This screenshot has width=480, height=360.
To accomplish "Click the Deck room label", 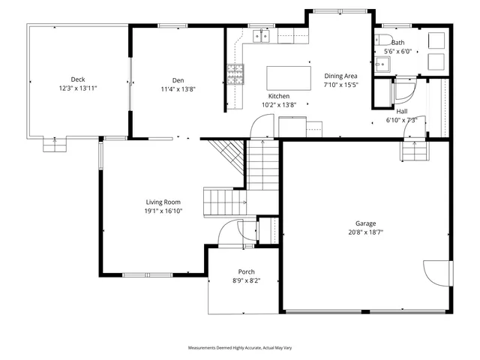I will click(x=77, y=79).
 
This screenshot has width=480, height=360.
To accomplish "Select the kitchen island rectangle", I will click(x=289, y=77).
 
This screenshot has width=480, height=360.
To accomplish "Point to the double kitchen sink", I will click(x=261, y=34).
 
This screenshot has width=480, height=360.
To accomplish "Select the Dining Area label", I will click(x=340, y=76).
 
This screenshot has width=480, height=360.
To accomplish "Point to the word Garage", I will click(x=365, y=223).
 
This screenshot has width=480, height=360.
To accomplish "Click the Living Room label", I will click(x=163, y=202).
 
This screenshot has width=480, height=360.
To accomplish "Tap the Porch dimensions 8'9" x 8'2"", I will click(x=246, y=280).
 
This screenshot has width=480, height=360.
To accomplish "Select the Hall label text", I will click(x=402, y=111).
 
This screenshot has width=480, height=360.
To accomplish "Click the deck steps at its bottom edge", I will click(x=53, y=144).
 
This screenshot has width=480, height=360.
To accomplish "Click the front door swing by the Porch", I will click(x=228, y=236).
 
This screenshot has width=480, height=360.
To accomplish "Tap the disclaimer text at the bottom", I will click(x=238, y=348).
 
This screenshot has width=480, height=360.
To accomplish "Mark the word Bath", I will click(x=397, y=43).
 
